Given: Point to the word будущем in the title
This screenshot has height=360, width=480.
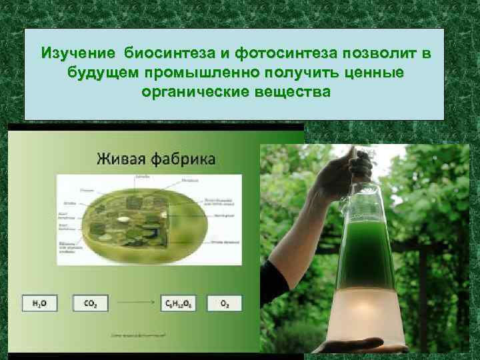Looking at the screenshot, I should (x=100, y=72).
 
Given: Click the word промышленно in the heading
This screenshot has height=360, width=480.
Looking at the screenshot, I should (x=201, y=72).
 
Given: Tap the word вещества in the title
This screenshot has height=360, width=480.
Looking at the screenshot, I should (x=290, y=91).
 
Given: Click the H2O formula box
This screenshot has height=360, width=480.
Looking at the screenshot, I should (x=39, y=303).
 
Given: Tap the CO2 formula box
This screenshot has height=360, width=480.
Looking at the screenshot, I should (x=91, y=303).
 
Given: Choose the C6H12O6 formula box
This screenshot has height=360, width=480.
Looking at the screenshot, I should (x=179, y=303).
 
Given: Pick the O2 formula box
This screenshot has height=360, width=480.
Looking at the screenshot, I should (x=225, y=303).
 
